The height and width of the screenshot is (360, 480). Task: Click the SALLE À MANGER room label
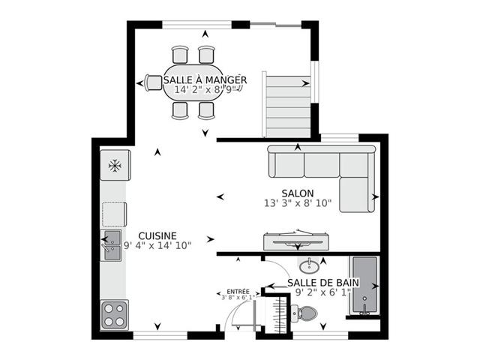205,80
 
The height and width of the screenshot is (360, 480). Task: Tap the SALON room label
298,193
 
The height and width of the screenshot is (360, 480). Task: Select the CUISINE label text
157,236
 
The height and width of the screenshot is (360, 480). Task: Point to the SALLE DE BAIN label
323,283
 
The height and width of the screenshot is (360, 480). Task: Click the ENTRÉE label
238,292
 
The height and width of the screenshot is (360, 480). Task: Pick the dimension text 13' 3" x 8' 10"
298,203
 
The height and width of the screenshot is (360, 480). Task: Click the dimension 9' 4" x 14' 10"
157,245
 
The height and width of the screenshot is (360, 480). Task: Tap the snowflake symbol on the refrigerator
115,166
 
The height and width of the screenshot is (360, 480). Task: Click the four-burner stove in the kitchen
114,315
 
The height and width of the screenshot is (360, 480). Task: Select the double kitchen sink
112,245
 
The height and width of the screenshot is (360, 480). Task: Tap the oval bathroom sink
309,266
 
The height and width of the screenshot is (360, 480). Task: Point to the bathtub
364,286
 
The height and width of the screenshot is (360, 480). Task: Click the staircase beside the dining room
288,106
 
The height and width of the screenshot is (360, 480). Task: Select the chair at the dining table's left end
153,82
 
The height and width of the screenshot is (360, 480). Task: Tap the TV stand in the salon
296,241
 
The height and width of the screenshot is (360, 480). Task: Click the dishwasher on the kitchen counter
114,214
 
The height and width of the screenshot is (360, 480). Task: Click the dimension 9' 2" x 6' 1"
323,292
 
